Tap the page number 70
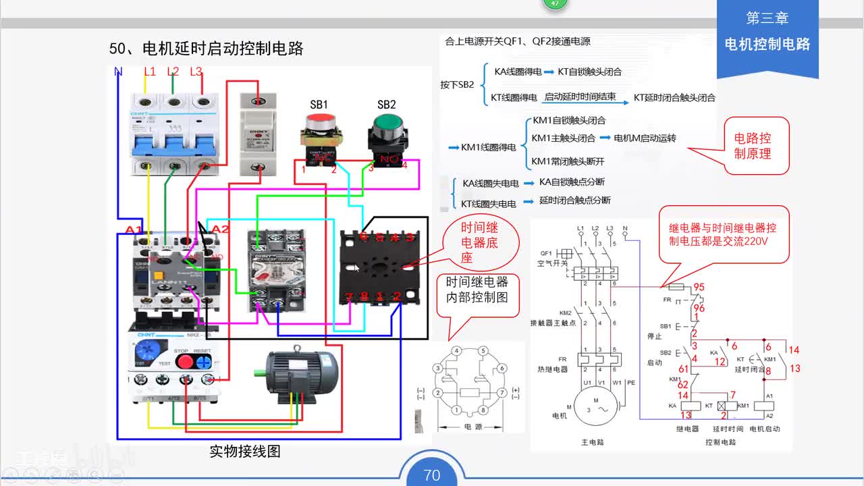[432, 475]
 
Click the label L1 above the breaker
[150, 72]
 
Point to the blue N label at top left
[118, 72]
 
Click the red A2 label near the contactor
[220, 230]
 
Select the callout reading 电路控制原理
[752, 145]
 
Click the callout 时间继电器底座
[479, 243]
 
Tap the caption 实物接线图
[244, 452]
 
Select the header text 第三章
[767, 18]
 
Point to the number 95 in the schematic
[699, 287]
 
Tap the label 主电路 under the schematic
[592, 442]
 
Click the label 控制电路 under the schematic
[720, 442]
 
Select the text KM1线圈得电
[488, 146]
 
